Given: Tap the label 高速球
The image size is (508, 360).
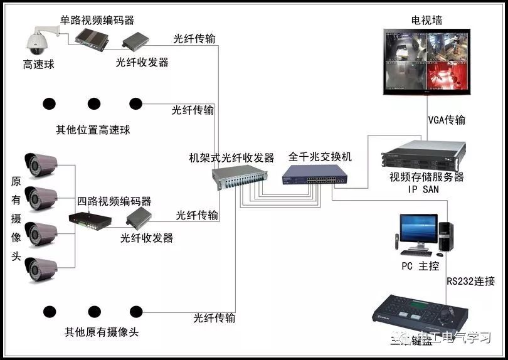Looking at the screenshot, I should click(x=38, y=64).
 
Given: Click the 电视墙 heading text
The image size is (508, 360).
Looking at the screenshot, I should click(x=426, y=20).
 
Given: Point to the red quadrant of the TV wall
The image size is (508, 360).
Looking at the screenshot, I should click(x=447, y=78).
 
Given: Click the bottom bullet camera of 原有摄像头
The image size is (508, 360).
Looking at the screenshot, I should click(x=40, y=268).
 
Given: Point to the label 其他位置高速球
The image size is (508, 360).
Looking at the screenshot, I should click(x=93, y=130).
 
